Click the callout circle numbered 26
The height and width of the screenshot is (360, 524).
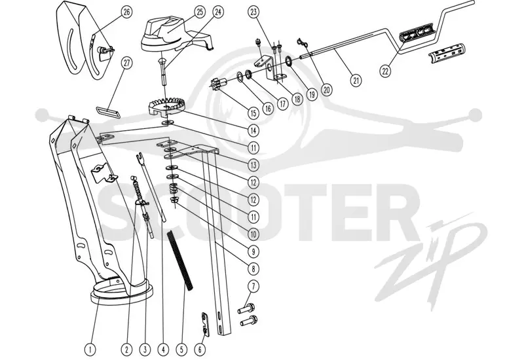[126, 12]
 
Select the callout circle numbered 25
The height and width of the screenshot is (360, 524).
[200, 12]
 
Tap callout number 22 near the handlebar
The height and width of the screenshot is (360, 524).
[386, 71]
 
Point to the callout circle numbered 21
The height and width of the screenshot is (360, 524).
[356, 80]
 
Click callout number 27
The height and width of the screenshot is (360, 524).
[126, 63]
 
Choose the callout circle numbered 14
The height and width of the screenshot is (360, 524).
[253, 130]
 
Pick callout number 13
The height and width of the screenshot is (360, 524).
[253, 165]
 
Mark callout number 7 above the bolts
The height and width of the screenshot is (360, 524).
[253, 286]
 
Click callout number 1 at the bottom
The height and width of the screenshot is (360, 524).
[90, 350]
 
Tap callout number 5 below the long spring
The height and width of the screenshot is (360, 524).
[182, 350]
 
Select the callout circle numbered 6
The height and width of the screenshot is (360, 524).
[200, 350]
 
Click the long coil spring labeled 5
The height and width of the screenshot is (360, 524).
[180, 261]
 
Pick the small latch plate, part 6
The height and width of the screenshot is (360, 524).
[206, 324]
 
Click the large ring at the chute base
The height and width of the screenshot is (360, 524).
[122, 293]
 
